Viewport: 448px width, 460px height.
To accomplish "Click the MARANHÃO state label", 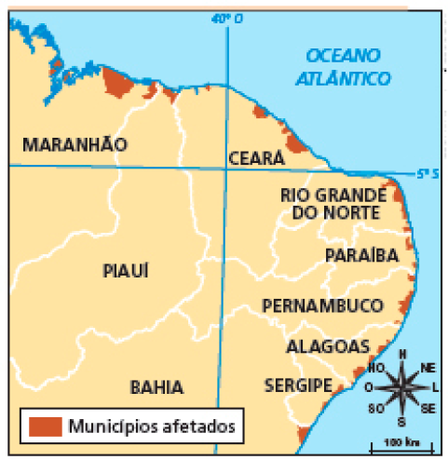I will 74,144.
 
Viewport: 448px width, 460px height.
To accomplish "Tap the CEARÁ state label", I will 255,158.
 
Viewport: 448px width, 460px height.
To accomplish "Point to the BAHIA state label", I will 156,387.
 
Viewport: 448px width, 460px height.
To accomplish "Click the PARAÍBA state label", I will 362,255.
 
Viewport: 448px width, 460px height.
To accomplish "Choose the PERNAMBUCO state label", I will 322,305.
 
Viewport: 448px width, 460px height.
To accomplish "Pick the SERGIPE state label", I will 298,385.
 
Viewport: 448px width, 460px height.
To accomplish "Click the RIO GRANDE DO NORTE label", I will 333,204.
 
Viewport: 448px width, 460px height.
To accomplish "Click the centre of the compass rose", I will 401,386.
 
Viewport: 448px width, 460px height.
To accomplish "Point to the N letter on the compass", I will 401,355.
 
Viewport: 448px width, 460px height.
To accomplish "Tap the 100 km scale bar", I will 401,443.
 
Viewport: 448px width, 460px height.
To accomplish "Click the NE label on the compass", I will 428,368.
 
